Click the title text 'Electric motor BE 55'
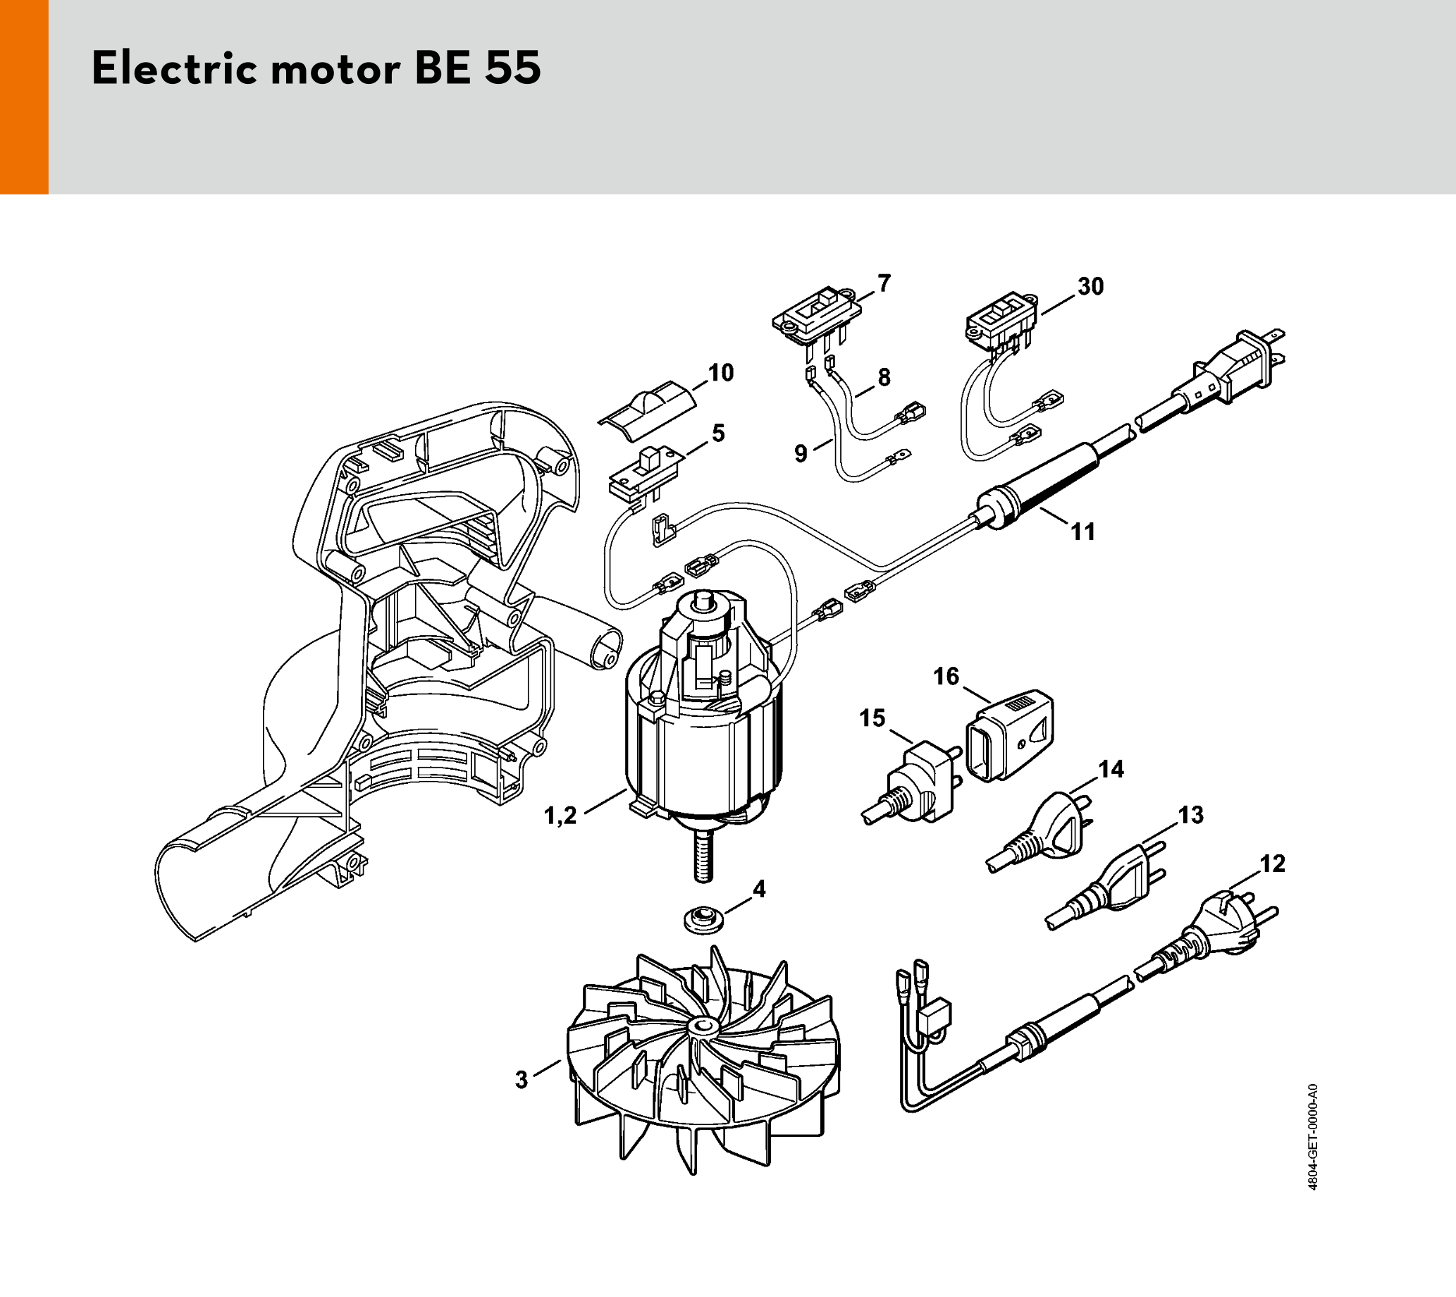click(x=316, y=69)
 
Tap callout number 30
click(x=1090, y=286)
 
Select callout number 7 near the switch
click(x=884, y=283)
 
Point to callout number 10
click(x=721, y=373)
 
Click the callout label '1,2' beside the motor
click(x=560, y=816)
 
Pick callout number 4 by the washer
click(x=759, y=889)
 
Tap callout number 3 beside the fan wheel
click(x=522, y=1080)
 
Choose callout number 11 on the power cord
click(x=1082, y=531)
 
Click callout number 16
click(x=946, y=675)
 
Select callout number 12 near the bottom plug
click(x=1272, y=863)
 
